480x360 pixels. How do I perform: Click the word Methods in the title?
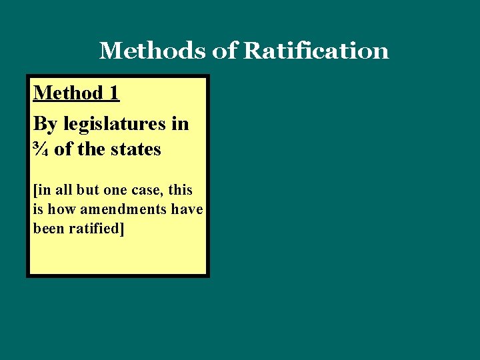point(153,51)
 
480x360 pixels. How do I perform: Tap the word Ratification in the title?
point(316,51)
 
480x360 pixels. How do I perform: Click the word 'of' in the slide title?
point(225,51)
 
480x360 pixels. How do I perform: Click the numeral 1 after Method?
point(113,93)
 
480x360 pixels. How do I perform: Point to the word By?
point(45,124)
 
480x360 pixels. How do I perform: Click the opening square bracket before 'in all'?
point(35,189)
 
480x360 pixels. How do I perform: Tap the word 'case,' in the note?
point(151,189)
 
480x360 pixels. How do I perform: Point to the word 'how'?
point(61,209)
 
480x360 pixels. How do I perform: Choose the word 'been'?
point(48,228)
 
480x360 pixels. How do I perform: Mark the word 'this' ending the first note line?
point(180,189)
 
